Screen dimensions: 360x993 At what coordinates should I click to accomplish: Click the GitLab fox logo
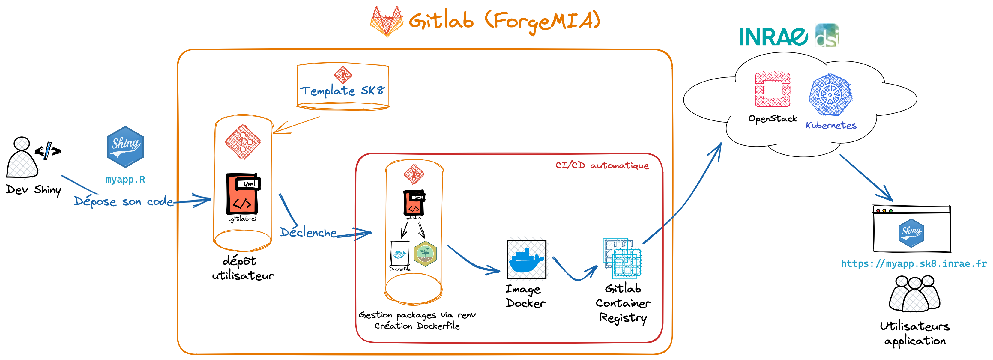click(387, 21)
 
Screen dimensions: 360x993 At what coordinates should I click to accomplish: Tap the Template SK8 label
click(342, 91)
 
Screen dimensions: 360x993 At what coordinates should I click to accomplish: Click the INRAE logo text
click(773, 37)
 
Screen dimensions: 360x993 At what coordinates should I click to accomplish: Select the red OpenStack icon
click(773, 89)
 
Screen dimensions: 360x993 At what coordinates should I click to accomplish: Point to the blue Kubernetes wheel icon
click(830, 95)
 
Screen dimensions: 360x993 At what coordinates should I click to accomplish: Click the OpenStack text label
click(773, 119)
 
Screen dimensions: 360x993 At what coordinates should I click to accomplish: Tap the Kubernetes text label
click(831, 125)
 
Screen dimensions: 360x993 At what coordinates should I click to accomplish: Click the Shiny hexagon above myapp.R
click(125, 147)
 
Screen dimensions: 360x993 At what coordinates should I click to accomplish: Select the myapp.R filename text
click(125, 180)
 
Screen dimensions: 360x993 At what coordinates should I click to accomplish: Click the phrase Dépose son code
click(123, 201)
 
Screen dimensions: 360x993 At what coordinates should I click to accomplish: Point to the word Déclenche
click(308, 232)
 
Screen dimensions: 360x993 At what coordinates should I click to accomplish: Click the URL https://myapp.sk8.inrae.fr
click(914, 264)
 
